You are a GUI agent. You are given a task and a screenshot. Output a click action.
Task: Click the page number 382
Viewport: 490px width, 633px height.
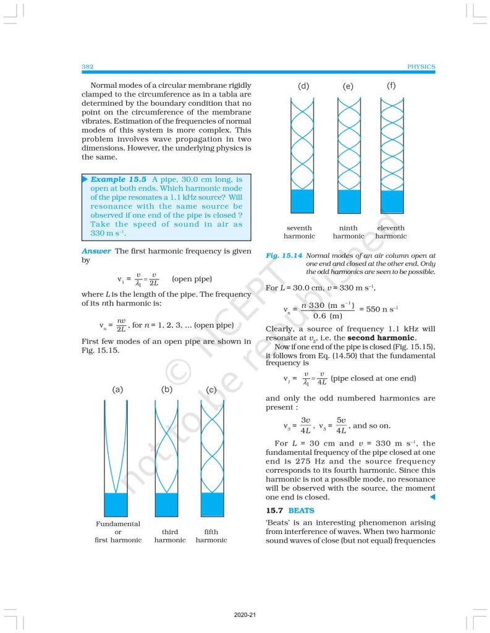87,67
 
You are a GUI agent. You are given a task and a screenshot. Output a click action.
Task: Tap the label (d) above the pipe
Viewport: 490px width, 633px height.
303,86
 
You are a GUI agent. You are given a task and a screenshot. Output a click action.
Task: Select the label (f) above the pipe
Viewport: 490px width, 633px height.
391,85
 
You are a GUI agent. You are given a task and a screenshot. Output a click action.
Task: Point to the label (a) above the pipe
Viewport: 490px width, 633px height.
118,389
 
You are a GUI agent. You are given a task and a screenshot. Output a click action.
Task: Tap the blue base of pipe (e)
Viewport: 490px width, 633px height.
349,202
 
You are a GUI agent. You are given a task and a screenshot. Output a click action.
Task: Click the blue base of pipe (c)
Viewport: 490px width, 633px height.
213,504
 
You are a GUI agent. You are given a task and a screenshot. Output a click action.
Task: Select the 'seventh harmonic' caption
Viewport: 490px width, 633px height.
299,232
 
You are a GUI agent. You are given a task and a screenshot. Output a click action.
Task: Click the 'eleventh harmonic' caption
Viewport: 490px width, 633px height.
391,232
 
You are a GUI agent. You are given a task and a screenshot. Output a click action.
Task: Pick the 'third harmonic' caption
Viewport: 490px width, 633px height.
170,535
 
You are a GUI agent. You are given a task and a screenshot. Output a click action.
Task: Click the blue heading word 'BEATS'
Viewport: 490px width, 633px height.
302,511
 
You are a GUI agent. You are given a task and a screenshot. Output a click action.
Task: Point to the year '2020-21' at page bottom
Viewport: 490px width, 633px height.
245,616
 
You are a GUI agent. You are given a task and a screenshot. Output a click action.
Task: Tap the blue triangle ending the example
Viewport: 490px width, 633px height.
432,497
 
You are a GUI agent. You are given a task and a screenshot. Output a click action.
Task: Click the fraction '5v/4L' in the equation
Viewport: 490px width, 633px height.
340,426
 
